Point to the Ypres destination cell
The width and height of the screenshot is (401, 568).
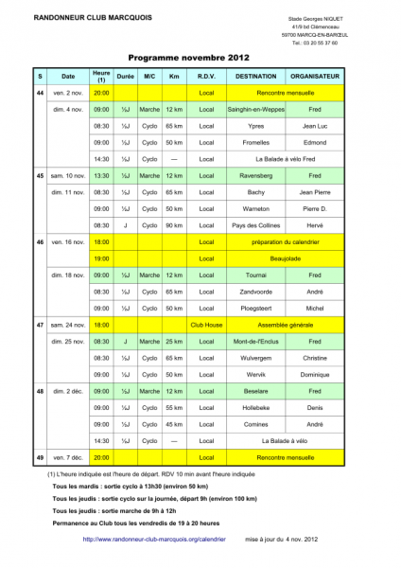(256, 125)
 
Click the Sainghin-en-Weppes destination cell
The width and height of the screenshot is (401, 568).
(256, 109)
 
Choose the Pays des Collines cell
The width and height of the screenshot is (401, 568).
(256, 224)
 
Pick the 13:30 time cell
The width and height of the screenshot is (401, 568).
(101, 175)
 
